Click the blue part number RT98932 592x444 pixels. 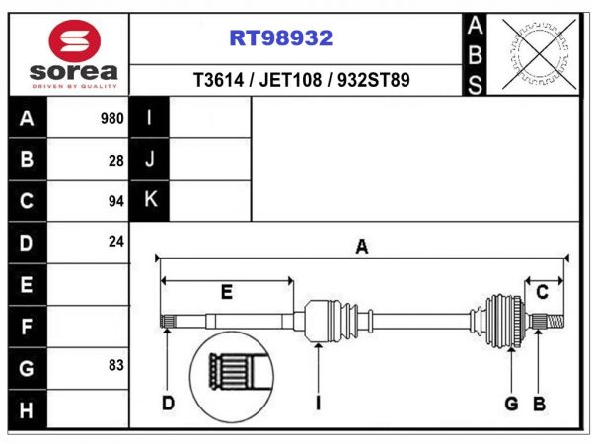tap(281, 37)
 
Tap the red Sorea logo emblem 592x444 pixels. tap(75, 40)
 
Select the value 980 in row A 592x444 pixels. tap(112, 119)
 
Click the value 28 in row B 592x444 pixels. tap(116, 161)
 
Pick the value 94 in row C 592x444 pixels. tap(116, 201)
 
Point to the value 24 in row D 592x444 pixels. tap(116, 242)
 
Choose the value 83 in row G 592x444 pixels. tap(116, 365)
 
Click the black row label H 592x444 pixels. tap(27, 410)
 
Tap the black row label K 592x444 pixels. tap(150, 199)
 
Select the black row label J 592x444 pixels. tap(150, 159)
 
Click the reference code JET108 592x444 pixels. tap(290, 80)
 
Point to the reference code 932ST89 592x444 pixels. tap(373, 80)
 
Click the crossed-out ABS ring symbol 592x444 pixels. tap(539, 54)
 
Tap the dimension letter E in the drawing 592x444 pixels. tap(227, 292)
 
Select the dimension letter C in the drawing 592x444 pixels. tap(542, 292)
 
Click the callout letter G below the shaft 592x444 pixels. tap(511, 404)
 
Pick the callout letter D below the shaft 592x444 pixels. tap(168, 404)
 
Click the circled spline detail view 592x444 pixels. tap(232, 377)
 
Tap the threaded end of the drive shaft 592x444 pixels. tap(555, 322)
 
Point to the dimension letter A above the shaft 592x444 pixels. tap(362, 247)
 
